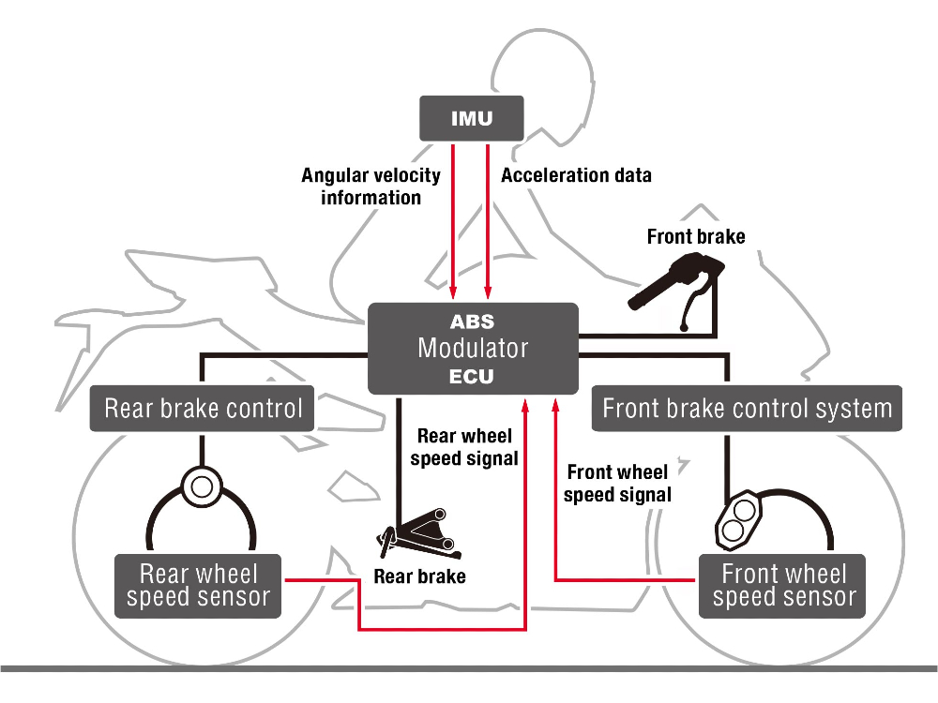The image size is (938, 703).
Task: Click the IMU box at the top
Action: click(468, 119)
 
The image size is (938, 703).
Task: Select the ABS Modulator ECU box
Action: click(473, 349)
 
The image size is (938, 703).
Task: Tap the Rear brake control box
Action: click(203, 409)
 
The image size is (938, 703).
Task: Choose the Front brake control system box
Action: click(747, 409)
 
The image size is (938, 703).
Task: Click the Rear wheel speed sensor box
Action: click(198, 586)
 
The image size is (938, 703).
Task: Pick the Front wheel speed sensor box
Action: click(783, 586)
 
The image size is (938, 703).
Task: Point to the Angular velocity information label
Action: click(371, 186)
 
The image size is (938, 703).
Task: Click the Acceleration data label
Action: click(576, 175)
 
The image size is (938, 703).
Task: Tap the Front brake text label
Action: click(696, 236)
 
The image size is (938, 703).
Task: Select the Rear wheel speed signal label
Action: click(465, 447)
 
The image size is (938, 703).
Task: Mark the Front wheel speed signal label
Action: click(617, 484)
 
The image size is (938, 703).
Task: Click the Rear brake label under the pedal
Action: click(419, 576)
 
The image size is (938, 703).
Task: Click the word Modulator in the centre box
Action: click(473, 349)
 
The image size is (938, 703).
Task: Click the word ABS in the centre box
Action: click(473, 322)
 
